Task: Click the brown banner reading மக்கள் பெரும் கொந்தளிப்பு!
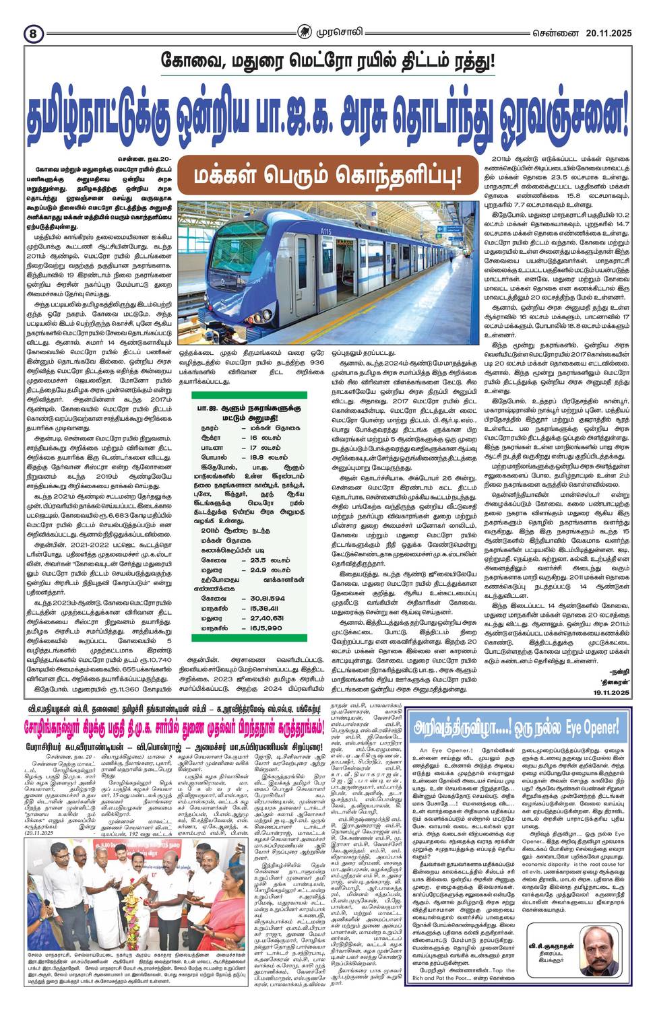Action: point(326,175)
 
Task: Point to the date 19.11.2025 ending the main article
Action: point(611,693)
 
